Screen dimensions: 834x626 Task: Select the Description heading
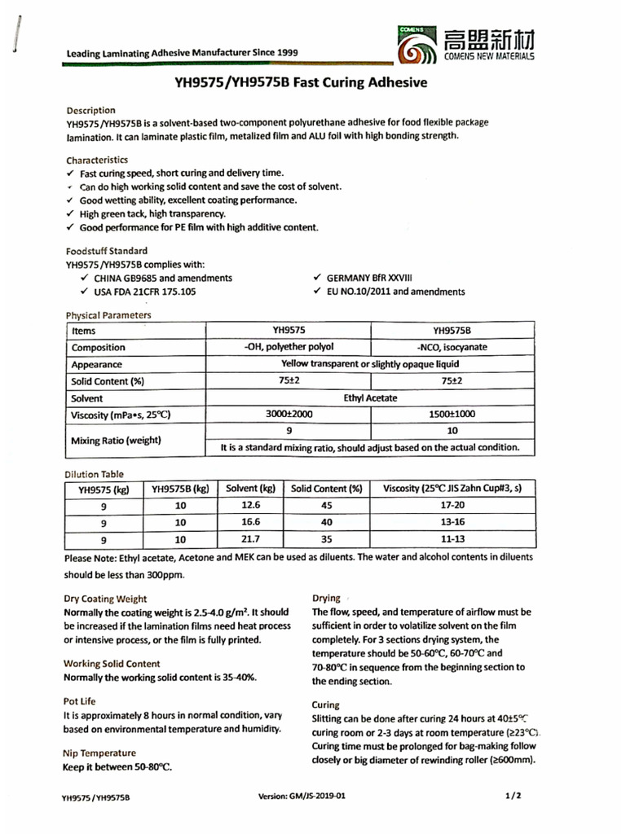coord(90,110)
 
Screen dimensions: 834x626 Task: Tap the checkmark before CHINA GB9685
coord(86,279)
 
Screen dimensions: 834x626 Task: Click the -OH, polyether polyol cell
coord(289,347)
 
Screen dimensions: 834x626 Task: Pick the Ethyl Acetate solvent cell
coord(371,398)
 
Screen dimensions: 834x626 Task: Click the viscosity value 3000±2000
coord(289,415)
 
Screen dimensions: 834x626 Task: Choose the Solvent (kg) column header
coord(250,489)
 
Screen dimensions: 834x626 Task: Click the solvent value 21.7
coord(250,540)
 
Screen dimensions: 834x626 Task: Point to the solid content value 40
coord(326,523)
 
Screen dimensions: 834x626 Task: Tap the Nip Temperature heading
coord(99,753)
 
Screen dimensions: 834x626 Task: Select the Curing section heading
coord(326,705)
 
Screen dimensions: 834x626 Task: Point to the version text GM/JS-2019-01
coord(307,796)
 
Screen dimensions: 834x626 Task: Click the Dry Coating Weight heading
coord(105,598)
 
